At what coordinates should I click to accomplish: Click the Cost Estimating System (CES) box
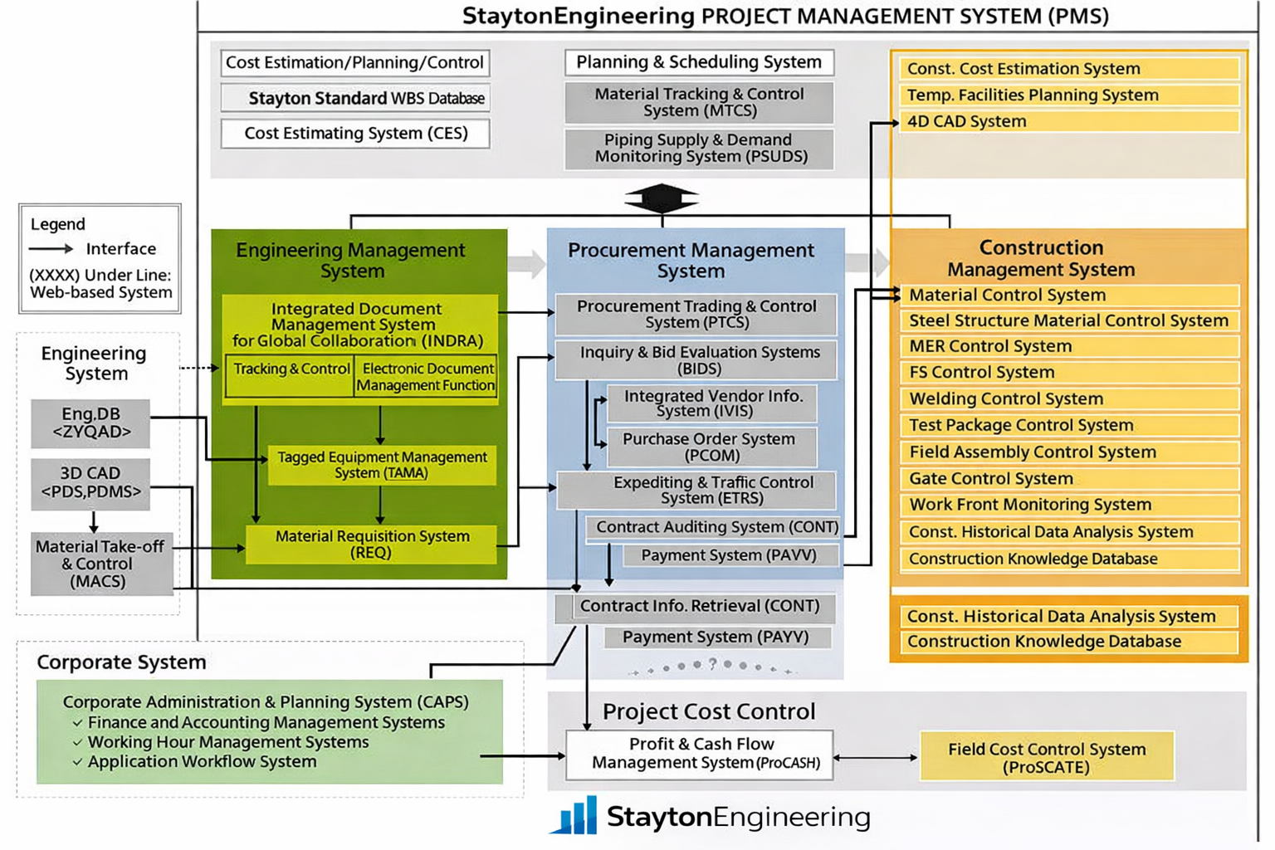pyautogui.click(x=355, y=134)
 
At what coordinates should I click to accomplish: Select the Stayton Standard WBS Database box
pyautogui.click(x=355, y=98)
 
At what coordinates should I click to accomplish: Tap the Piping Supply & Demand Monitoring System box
pyautogui.click(x=699, y=149)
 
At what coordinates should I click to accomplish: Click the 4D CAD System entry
pyautogui.click(x=1068, y=121)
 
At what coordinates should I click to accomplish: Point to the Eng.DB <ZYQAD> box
pyautogui.click(x=90, y=423)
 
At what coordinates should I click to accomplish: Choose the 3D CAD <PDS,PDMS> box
pyautogui.click(x=90, y=482)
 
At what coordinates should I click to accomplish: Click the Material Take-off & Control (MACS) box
pyautogui.click(x=101, y=564)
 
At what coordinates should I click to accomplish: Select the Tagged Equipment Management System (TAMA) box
pyautogui.click(x=382, y=465)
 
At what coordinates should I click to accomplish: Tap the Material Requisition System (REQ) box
pyautogui.click(x=372, y=544)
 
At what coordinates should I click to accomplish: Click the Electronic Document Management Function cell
pyautogui.click(x=426, y=376)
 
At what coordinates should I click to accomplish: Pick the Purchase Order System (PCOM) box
pyautogui.click(x=711, y=447)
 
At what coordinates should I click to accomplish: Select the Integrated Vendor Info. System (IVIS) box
pyautogui.click(x=712, y=403)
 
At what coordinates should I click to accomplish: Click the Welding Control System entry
pyautogui.click(x=1068, y=398)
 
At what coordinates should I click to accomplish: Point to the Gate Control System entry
pyautogui.click(x=1068, y=478)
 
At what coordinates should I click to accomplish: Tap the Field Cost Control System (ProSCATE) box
pyautogui.click(x=1046, y=757)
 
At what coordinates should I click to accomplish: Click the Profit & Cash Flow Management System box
pyautogui.click(x=700, y=754)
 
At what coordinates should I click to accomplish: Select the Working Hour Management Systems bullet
pyautogui.click(x=227, y=742)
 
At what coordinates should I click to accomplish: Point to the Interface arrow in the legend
pyautogui.click(x=51, y=248)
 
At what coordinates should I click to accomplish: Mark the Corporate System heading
pyautogui.click(x=121, y=662)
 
